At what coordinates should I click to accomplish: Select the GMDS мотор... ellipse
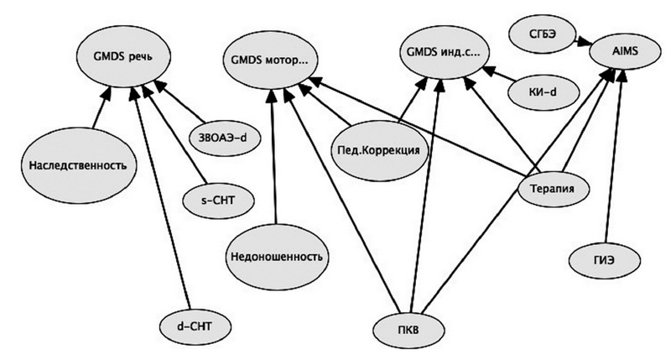coord(268,60)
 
